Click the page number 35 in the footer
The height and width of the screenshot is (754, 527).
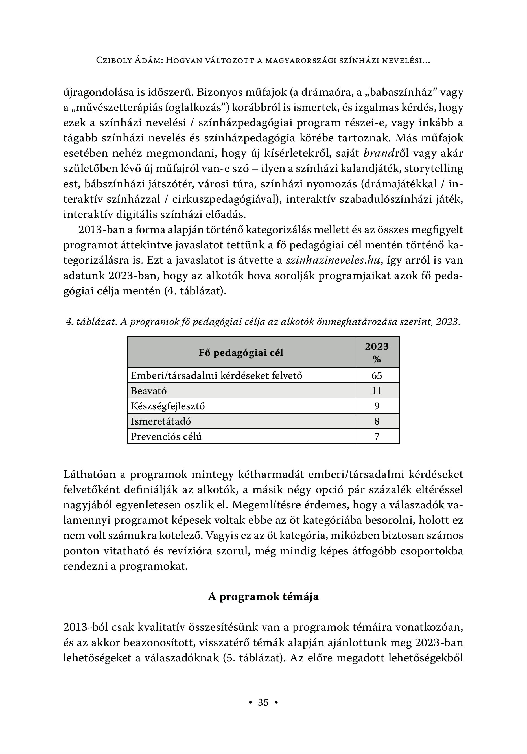point(263,702)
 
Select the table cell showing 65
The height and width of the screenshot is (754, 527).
point(377,375)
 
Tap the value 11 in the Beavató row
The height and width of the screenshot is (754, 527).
point(377,391)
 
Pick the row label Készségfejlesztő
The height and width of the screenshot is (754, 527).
point(167,406)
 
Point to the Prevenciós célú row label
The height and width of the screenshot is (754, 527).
point(166,436)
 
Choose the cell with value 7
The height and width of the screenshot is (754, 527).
point(377,436)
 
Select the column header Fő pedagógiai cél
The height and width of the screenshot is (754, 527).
point(241,353)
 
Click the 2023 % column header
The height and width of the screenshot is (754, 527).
point(377,352)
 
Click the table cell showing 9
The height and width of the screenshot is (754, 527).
point(377,406)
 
